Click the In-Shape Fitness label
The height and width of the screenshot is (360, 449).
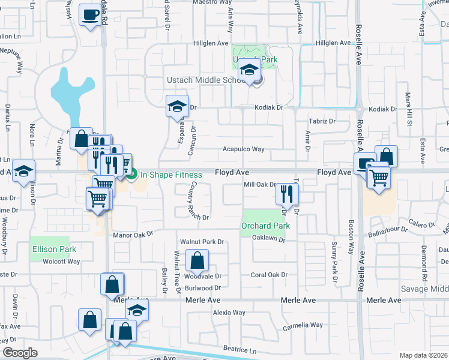[x=171, y=175]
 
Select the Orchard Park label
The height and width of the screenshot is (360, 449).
[x=265, y=226]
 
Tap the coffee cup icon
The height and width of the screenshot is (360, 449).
[x=90, y=14]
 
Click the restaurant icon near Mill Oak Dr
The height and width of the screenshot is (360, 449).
[x=287, y=193]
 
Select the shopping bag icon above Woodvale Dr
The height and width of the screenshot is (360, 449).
[x=196, y=261]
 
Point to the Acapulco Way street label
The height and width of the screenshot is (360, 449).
[x=243, y=149]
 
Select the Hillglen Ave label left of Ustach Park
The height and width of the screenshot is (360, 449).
[x=211, y=43]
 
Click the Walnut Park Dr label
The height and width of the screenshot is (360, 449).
[x=202, y=242]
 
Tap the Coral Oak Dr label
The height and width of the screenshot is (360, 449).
[x=270, y=275]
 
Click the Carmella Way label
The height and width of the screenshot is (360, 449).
[x=303, y=325]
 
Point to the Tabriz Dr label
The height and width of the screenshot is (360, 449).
[x=322, y=121]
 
